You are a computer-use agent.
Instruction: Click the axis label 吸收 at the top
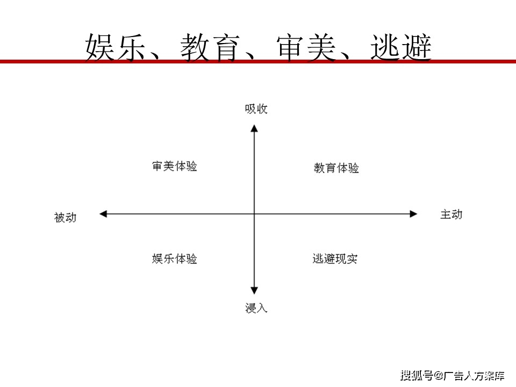[256, 109]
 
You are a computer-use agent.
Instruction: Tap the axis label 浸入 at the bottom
[256, 308]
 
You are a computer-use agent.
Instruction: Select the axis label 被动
[65, 218]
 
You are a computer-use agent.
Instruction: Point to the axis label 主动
[451, 214]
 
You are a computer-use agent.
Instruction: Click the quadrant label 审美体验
[174, 166]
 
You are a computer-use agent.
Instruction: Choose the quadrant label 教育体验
[336, 168]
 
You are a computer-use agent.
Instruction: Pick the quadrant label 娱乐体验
[174, 259]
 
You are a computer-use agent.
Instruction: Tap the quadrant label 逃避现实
[335, 259]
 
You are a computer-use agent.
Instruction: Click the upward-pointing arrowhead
[254, 128]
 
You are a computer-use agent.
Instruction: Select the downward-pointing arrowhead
[254, 290]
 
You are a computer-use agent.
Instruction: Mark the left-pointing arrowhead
[103, 214]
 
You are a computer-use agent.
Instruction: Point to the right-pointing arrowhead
[413, 214]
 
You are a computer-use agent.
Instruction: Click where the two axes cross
[254, 214]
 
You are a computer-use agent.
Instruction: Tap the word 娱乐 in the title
[115, 48]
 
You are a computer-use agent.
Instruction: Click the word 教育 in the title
[210, 48]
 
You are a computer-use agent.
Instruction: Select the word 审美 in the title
[306, 48]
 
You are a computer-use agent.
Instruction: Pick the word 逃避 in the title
[401, 48]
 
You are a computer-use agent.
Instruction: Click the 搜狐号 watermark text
[417, 375]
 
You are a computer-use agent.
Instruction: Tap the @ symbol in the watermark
[439, 376]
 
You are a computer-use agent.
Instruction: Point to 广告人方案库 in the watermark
[474, 375]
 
